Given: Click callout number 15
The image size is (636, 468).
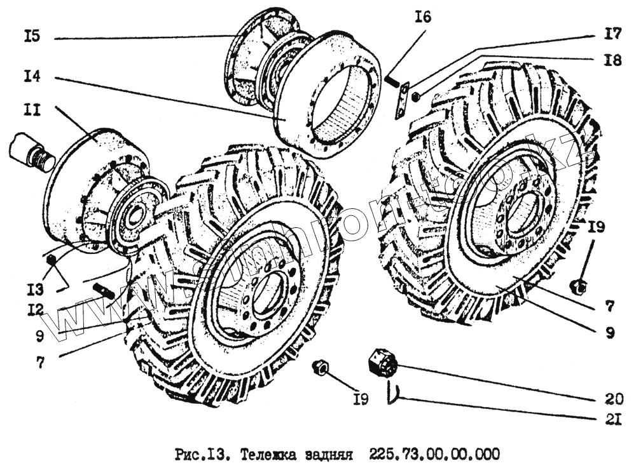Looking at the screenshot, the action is (31, 37).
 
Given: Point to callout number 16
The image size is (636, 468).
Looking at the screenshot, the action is (422, 17).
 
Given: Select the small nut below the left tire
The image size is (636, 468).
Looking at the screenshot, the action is (321, 366).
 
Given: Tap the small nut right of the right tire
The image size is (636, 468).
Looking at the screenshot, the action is (579, 287).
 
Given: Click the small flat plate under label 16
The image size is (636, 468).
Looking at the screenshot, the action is (401, 102).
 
